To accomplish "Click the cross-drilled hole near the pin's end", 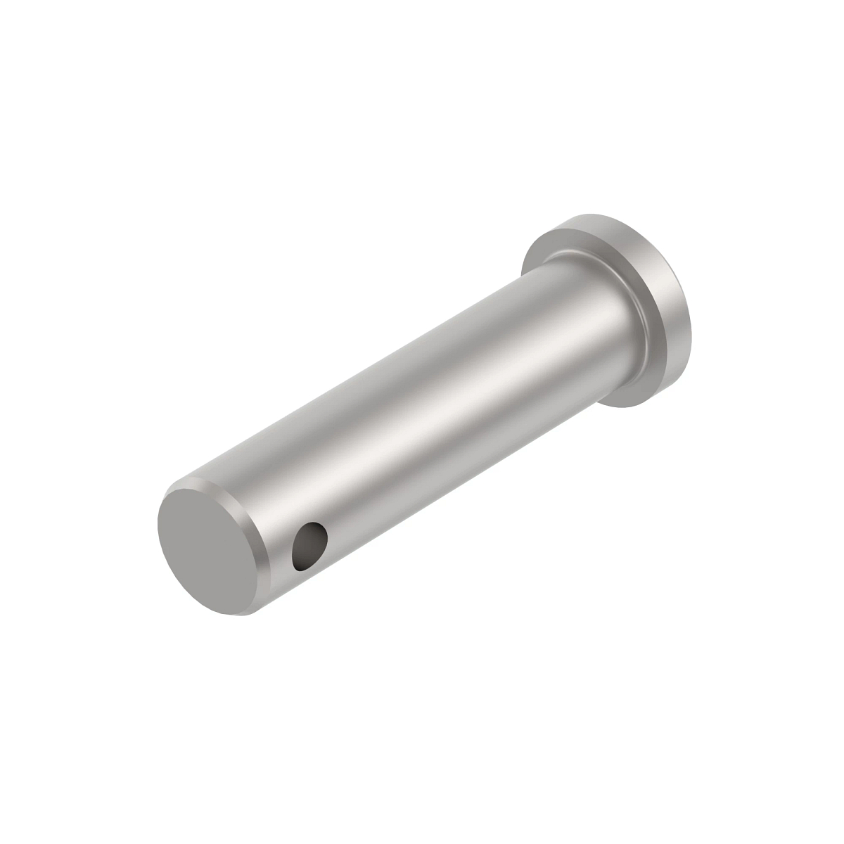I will (x=309, y=546).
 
